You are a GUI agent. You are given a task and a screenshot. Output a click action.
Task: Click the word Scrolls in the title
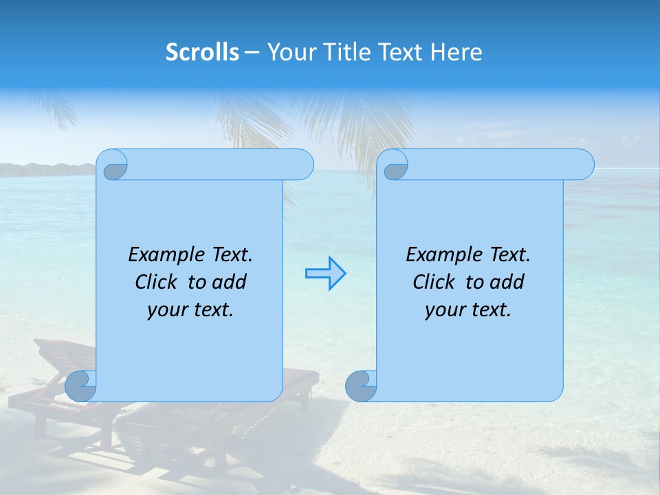202,52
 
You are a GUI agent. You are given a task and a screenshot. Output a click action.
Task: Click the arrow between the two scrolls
325,274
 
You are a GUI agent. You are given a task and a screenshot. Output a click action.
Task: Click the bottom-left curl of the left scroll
82,386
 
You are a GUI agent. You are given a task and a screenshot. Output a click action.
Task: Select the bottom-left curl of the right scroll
362,386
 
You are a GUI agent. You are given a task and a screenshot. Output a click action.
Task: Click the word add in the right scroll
508,282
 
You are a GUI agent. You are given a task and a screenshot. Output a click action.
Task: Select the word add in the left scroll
230,282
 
